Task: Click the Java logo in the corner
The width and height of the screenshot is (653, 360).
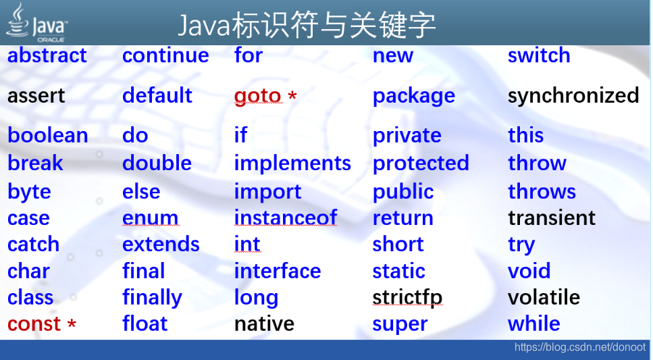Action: click(36, 22)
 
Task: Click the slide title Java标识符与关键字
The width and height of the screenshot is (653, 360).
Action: click(307, 26)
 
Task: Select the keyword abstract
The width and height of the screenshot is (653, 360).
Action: click(47, 55)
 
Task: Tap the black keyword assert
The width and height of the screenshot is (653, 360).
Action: click(36, 96)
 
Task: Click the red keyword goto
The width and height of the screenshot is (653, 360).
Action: click(257, 96)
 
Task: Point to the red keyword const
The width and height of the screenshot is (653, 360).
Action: click(34, 324)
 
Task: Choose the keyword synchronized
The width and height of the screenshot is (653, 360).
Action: click(573, 96)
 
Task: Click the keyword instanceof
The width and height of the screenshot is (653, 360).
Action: click(285, 218)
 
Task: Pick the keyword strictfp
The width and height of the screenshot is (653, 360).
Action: click(407, 298)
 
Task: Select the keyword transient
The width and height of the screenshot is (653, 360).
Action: click(551, 218)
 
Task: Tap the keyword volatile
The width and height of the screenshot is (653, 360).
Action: click(544, 298)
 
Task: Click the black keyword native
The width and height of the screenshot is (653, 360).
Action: click(264, 324)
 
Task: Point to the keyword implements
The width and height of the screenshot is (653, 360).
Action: click(292, 163)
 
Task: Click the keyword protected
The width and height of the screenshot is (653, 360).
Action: click(420, 163)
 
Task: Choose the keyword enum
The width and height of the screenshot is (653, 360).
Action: click(150, 218)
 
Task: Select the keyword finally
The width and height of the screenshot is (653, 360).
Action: click(152, 298)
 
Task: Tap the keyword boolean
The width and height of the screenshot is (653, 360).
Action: click(47, 136)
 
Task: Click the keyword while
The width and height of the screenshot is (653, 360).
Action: click(533, 324)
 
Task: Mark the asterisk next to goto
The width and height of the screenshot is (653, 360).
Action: click(292, 97)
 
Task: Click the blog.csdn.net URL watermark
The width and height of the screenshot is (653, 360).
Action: click(579, 348)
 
